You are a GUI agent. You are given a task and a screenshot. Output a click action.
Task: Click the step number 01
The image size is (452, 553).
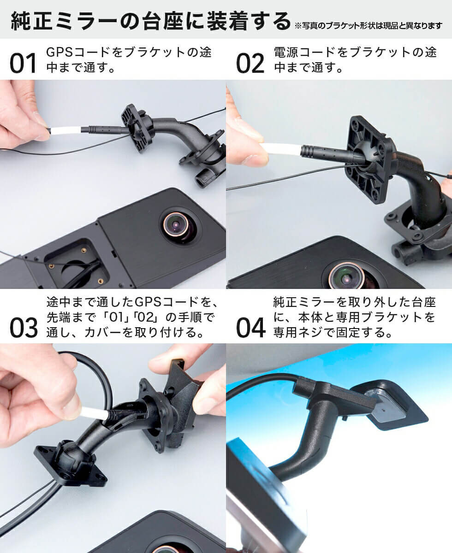tap(23, 63)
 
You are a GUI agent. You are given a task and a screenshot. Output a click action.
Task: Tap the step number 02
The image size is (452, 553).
tap(250, 63)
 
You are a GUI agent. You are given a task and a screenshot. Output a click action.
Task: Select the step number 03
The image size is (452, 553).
tap(24, 328)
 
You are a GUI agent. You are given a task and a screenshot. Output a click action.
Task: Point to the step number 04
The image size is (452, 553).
tap(250, 328)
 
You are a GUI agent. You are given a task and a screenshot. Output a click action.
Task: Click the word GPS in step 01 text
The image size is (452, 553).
tap(59, 52)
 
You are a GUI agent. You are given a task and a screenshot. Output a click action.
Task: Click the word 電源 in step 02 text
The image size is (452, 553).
tap(285, 52)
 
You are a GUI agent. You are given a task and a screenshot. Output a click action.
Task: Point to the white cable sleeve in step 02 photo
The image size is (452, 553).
tap(280, 149)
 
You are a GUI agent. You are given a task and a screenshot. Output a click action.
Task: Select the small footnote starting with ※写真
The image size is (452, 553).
tap(368, 26)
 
